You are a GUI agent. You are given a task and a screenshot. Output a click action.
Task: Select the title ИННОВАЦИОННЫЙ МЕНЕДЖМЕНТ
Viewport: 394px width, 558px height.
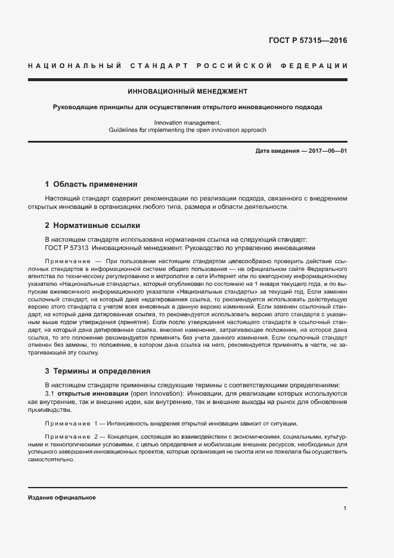(188, 92)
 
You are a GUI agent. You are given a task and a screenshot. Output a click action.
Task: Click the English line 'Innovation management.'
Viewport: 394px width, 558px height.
(187, 122)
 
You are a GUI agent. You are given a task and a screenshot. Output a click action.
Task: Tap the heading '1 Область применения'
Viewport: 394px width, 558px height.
(91, 184)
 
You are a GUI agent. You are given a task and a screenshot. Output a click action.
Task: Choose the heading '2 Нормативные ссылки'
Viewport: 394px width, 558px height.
(93, 226)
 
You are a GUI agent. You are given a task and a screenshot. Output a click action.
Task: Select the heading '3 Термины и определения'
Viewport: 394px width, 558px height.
(98, 371)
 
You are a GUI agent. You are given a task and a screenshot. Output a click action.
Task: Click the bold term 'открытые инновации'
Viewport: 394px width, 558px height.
(91, 394)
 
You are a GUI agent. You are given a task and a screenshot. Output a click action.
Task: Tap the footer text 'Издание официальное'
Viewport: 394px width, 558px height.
(61, 497)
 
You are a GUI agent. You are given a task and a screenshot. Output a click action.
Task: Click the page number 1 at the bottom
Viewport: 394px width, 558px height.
(345, 508)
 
